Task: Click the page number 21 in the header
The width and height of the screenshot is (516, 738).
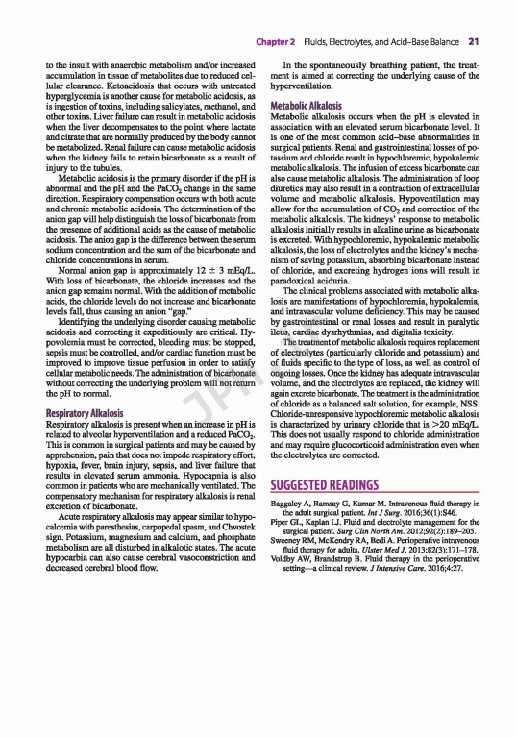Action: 474,41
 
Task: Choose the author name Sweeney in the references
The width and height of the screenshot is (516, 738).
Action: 289,541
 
